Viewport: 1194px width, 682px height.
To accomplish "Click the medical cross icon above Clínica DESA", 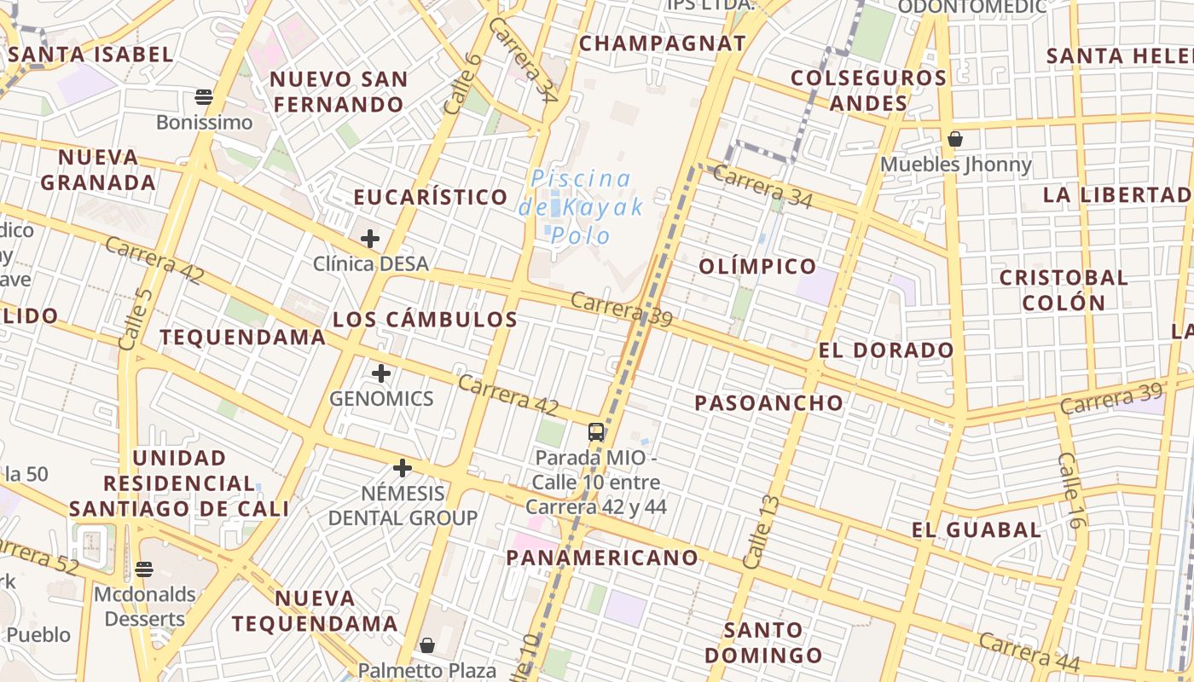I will pyautogui.click(x=369, y=239).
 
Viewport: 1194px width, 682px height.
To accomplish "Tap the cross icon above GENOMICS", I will pyautogui.click(x=381, y=373).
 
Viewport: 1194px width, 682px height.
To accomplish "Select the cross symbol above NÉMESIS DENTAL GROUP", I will pyautogui.click(x=403, y=468).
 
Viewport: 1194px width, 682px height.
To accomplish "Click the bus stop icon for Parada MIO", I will pyautogui.click(x=596, y=431).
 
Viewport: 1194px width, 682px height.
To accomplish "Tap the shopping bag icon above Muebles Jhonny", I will pyautogui.click(x=955, y=139).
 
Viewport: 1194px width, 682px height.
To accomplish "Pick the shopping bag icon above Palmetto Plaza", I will pyautogui.click(x=427, y=645).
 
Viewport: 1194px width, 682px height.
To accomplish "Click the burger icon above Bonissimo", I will pyautogui.click(x=204, y=96).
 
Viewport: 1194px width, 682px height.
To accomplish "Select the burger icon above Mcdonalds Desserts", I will pyautogui.click(x=144, y=569).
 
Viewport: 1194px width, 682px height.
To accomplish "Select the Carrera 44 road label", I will pyautogui.click(x=1029, y=651).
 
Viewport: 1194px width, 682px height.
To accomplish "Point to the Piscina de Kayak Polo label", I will pyautogui.click(x=581, y=206).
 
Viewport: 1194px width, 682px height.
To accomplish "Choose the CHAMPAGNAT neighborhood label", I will pyautogui.click(x=663, y=43).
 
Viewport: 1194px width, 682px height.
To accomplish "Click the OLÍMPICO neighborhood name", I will pyautogui.click(x=758, y=267).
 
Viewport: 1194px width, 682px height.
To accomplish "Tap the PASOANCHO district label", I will pyautogui.click(x=768, y=403).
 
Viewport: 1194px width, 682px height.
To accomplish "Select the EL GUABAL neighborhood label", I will pyautogui.click(x=977, y=530).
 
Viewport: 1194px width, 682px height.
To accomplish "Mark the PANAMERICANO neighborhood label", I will pyautogui.click(x=602, y=558).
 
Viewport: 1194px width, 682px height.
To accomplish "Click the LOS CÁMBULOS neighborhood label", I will pyautogui.click(x=425, y=320).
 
